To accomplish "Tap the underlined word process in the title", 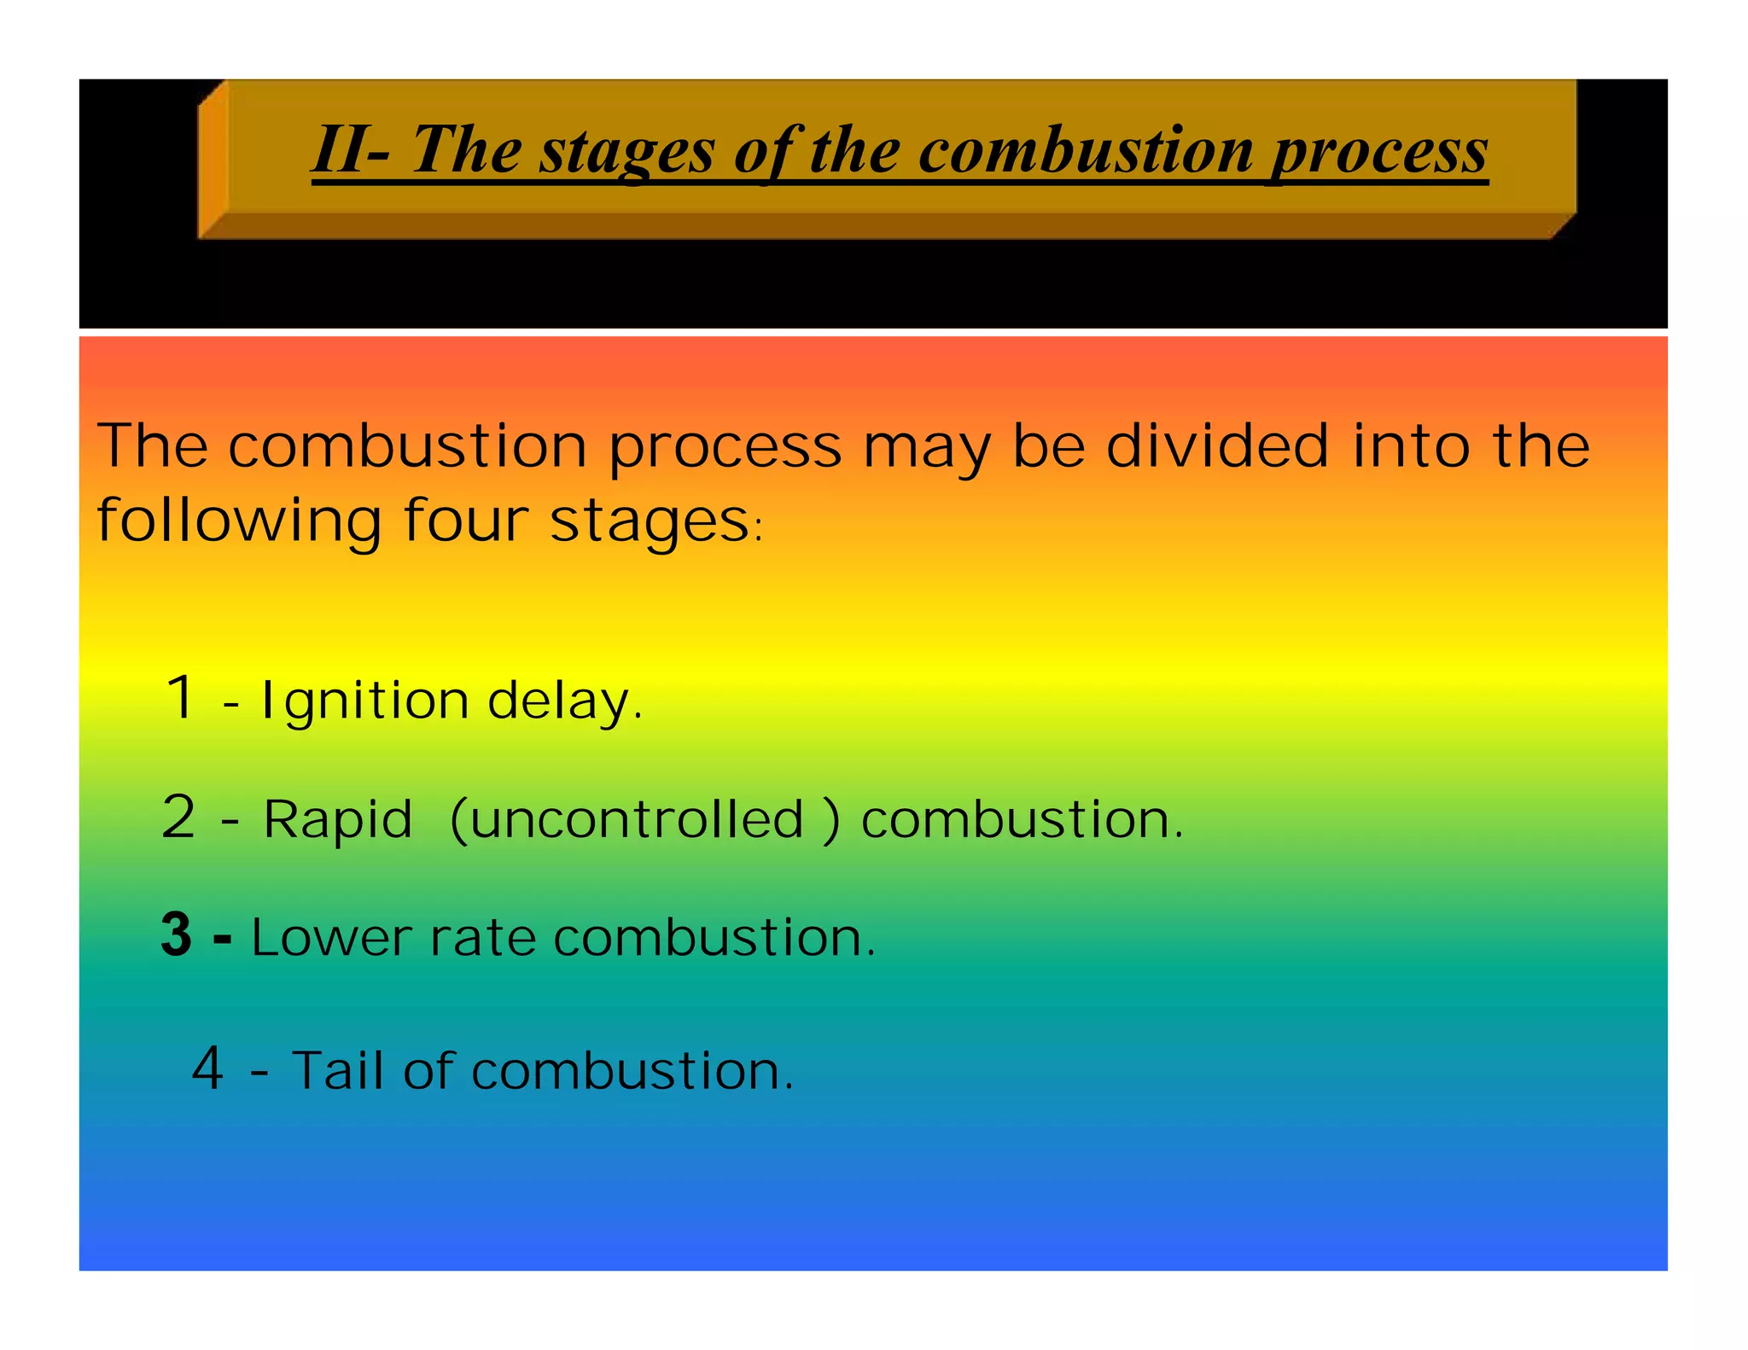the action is click(x=1379, y=153).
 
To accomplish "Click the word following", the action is click(x=239, y=521).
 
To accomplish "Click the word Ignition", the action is click(x=364, y=701).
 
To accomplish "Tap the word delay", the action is click(x=563, y=701).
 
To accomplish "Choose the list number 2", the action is click(x=179, y=817).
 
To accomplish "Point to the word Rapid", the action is click(x=338, y=820).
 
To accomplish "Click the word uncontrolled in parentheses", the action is click(x=637, y=820).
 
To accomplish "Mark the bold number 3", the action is click(x=177, y=934).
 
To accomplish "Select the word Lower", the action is click(x=332, y=938).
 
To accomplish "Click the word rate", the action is click(x=482, y=938).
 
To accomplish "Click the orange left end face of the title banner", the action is click(x=213, y=158).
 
